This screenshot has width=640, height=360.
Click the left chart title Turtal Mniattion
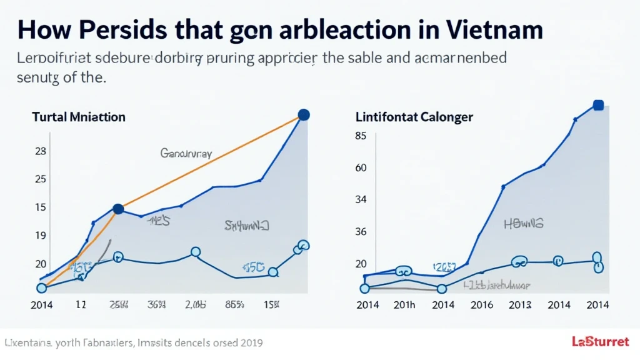pos(79,117)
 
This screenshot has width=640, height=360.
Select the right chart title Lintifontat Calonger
pos(414,117)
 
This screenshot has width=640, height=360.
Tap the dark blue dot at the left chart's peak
pos(304,114)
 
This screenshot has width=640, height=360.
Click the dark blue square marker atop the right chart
pos(597,105)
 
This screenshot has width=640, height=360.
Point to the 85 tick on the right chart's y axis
pos(360,136)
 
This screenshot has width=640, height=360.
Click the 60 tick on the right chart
pos(360,167)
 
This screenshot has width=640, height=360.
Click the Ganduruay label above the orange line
pos(186,152)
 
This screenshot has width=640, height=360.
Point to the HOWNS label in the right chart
pos(524,222)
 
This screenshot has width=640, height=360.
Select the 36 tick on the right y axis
pos(360,231)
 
